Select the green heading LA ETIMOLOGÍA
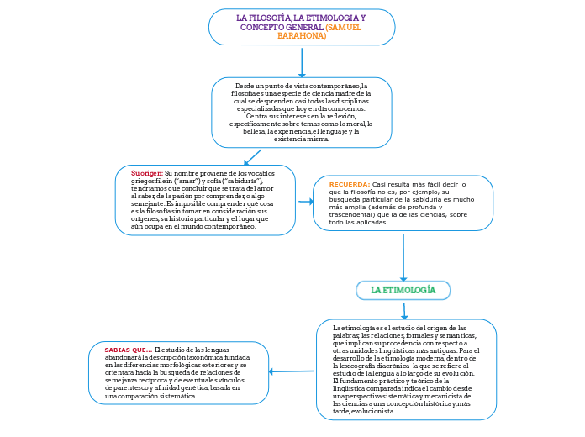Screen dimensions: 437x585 tap(403, 290)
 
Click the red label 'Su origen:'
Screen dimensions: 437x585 tap(147, 172)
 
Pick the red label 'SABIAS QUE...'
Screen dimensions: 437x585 tap(128, 350)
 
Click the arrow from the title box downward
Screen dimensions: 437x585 tap(302, 61)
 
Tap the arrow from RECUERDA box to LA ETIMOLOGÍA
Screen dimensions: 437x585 tap(403, 256)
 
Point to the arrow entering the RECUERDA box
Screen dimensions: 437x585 tap(305, 202)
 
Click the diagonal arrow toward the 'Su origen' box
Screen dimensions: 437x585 tap(252, 157)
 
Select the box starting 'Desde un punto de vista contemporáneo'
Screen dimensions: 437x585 tap(302, 113)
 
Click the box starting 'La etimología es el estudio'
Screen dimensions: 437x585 tap(407, 369)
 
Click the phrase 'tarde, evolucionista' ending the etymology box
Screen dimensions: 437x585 tap(363, 412)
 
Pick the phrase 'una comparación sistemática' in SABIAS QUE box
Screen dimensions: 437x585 tap(150, 396)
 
